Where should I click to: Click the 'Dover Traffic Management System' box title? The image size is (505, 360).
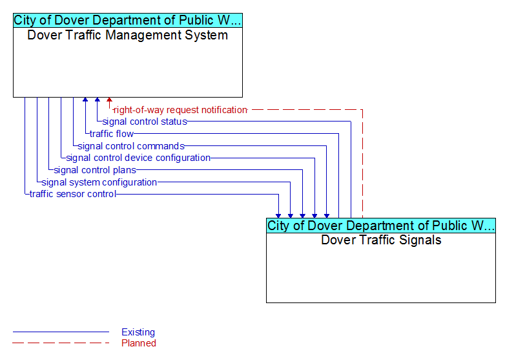[x=127, y=35]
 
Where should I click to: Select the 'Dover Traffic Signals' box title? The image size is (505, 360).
[x=381, y=240]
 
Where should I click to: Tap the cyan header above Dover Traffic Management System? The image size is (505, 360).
[x=128, y=20]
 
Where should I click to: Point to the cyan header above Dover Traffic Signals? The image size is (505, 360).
[x=381, y=226]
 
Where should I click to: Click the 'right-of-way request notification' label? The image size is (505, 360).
[x=180, y=110]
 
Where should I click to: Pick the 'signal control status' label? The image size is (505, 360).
[x=145, y=122]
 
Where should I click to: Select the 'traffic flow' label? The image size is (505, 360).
[x=112, y=134]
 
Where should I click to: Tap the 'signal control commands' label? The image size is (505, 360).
[x=131, y=146]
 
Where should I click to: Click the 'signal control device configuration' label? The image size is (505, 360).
[x=138, y=158]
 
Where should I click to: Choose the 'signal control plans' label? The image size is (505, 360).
[x=95, y=170]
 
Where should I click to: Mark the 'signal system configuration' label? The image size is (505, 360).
[x=99, y=182]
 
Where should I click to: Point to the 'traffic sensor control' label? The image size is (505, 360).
[x=73, y=194]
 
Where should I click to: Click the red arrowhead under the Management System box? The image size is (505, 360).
[x=110, y=100]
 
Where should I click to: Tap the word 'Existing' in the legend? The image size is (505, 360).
[x=138, y=332]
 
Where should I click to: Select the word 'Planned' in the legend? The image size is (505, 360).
[x=139, y=343]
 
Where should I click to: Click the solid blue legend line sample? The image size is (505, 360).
[x=61, y=332]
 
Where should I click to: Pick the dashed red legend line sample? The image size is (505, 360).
[x=61, y=343]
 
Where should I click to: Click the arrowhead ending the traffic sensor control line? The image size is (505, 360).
[x=278, y=216]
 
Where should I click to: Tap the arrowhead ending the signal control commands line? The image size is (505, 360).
[x=327, y=216]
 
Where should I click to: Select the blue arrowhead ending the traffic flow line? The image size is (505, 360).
[x=85, y=100]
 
